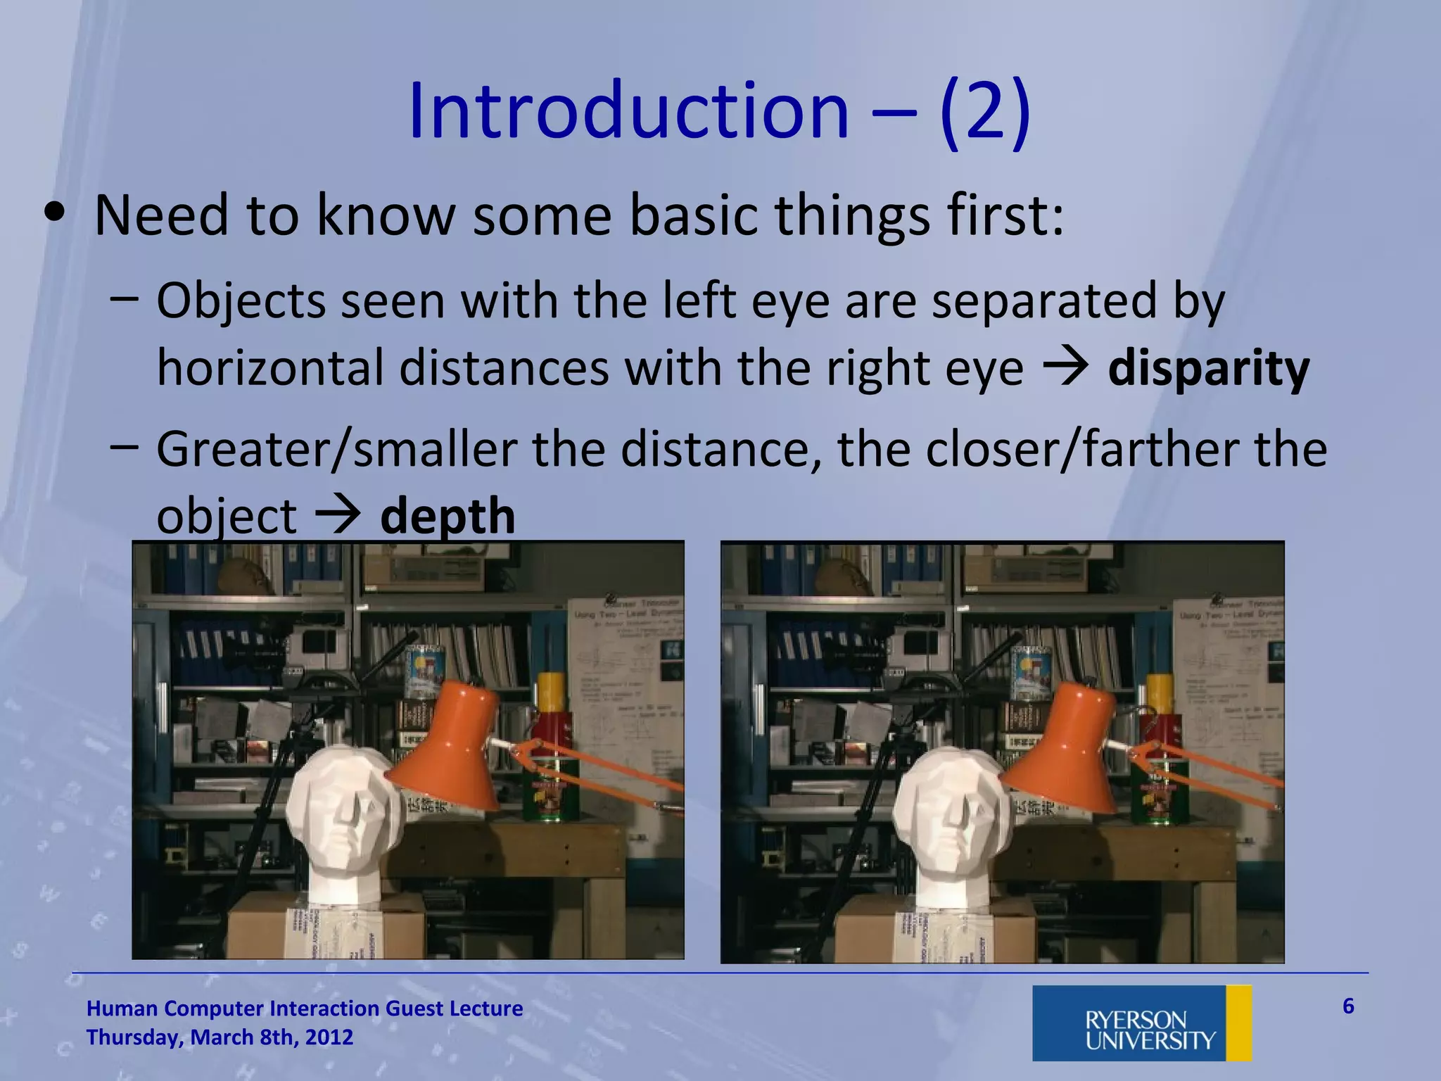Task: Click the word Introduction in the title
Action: (628, 111)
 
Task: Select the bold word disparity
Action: (1208, 368)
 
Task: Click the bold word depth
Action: (447, 516)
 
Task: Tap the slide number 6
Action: (1347, 1006)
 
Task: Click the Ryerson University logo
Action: (1141, 1023)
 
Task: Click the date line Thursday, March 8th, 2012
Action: (220, 1037)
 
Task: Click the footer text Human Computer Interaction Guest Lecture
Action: (304, 1009)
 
